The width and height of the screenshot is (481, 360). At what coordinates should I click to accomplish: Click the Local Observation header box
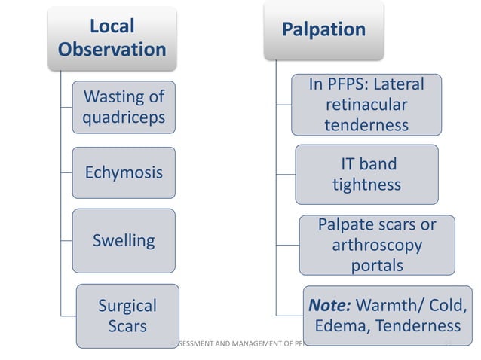coord(112,38)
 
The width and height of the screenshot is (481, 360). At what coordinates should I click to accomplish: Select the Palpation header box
coord(323,31)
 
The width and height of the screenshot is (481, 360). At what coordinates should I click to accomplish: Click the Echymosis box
coord(123,172)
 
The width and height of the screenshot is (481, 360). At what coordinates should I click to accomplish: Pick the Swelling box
coord(123,241)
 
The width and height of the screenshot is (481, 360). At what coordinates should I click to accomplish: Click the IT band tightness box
coord(366,174)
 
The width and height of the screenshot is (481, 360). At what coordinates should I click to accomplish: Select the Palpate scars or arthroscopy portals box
coord(376,246)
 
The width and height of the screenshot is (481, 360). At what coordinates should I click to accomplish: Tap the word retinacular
coord(366,105)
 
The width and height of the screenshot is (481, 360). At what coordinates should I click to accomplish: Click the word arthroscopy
coord(376,246)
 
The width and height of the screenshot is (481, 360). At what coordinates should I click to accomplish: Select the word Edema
coord(339,327)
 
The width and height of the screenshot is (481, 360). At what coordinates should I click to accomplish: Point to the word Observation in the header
coord(112,50)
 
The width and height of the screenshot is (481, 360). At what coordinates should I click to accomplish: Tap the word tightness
coord(366,185)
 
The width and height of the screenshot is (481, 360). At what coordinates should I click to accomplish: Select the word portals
coord(376,266)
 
